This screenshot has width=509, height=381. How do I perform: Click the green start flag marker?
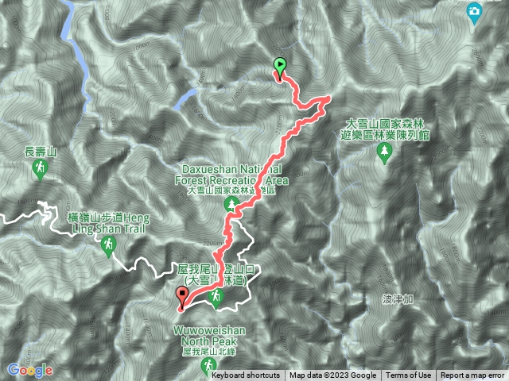[279, 65]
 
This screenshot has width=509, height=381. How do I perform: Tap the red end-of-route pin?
[183, 298]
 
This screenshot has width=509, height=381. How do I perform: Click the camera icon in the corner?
[474, 12]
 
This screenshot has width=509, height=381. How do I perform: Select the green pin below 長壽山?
[41, 168]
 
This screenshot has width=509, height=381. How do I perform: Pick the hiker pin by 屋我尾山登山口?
[215, 297]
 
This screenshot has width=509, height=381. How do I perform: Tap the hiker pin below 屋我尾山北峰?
[208, 365]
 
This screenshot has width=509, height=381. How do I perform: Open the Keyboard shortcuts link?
[246, 375]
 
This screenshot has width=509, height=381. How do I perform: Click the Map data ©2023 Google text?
[332, 375]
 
